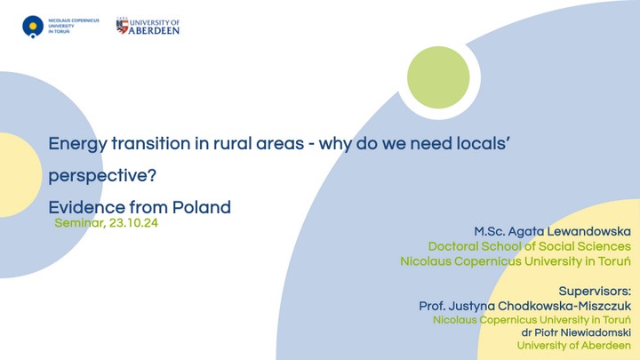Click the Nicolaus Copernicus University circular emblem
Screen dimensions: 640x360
click(33, 27)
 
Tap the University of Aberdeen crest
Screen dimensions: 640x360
click(122, 26)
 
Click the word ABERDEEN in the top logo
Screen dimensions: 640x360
click(154, 30)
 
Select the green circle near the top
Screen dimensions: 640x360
click(438, 77)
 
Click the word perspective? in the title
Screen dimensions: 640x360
click(102, 176)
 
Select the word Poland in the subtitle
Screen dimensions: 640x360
click(202, 207)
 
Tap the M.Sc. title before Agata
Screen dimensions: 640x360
click(489, 232)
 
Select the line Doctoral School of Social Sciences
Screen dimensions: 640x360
click(530, 246)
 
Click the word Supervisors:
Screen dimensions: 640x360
click(595, 292)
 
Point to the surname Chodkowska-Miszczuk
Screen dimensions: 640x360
click(564, 306)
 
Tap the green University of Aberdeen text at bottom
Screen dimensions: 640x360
click(574, 346)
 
